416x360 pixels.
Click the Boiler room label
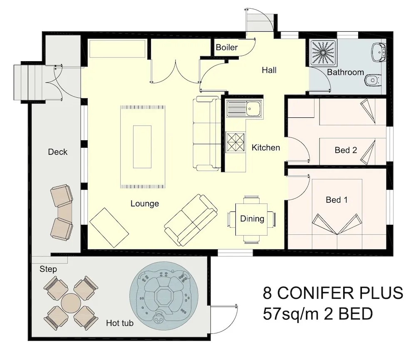pyautogui.click(x=227, y=47)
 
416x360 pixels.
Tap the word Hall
pyautogui.click(x=269, y=70)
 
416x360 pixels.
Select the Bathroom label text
pyautogui.click(x=345, y=72)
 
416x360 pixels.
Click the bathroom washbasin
pyautogui.click(x=379, y=52)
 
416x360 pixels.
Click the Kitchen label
pyautogui.click(x=266, y=148)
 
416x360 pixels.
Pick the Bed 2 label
pyautogui.click(x=346, y=150)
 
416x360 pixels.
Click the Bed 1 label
pyautogui.click(x=337, y=200)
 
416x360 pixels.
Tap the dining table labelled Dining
pyautogui.click(x=252, y=219)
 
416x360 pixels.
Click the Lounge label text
pyautogui.click(x=145, y=204)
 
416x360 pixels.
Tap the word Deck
pyautogui.click(x=57, y=152)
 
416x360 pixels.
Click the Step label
pyautogui.click(x=48, y=269)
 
